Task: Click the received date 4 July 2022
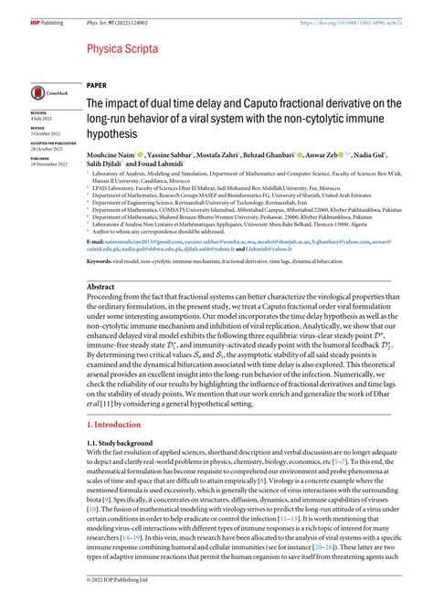[x=44, y=119]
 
